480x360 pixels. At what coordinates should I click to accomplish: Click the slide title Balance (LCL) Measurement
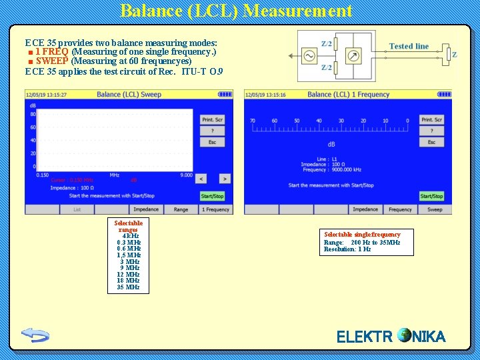click(x=236, y=11)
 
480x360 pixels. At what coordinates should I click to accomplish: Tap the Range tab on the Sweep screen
click(x=181, y=209)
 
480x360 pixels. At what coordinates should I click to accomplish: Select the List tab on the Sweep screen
click(x=77, y=209)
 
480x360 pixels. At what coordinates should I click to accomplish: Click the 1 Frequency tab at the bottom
click(x=215, y=209)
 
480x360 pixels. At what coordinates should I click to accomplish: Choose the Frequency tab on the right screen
click(x=400, y=209)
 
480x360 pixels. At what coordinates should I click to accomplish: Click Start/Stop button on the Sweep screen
click(x=212, y=196)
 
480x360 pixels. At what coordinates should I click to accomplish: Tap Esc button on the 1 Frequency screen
click(x=431, y=142)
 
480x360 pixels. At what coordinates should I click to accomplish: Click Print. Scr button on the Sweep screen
click(x=212, y=119)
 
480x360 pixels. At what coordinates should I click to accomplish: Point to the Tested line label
click(x=409, y=46)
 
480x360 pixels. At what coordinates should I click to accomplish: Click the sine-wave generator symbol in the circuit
click(x=310, y=56)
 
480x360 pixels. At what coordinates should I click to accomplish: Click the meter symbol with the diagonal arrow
click(x=355, y=56)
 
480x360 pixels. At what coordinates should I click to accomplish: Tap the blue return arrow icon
click(x=35, y=334)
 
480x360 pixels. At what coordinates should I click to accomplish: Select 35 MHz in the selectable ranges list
click(x=128, y=287)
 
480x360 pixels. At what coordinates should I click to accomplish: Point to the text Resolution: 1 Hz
click(x=347, y=249)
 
